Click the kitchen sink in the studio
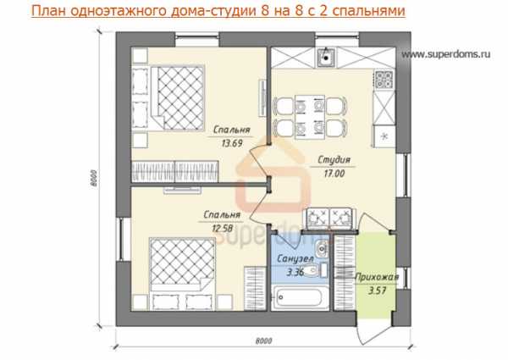[x=327, y=57]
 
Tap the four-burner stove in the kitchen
[x=384, y=80]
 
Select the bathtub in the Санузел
[x=300, y=297]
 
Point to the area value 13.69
[x=232, y=143]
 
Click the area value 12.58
[x=222, y=229]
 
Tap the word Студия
[x=334, y=160]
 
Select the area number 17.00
[x=334, y=174]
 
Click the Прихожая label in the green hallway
[x=377, y=277]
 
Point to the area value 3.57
[x=378, y=291]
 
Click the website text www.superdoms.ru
[x=446, y=54]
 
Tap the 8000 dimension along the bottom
[x=263, y=341]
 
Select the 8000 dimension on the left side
[x=94, y=178]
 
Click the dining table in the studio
[x=310, y=117]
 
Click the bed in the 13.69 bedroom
[x=178, y=98]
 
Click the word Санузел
[x=295, y=258]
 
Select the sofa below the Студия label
[x=329, y=218]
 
